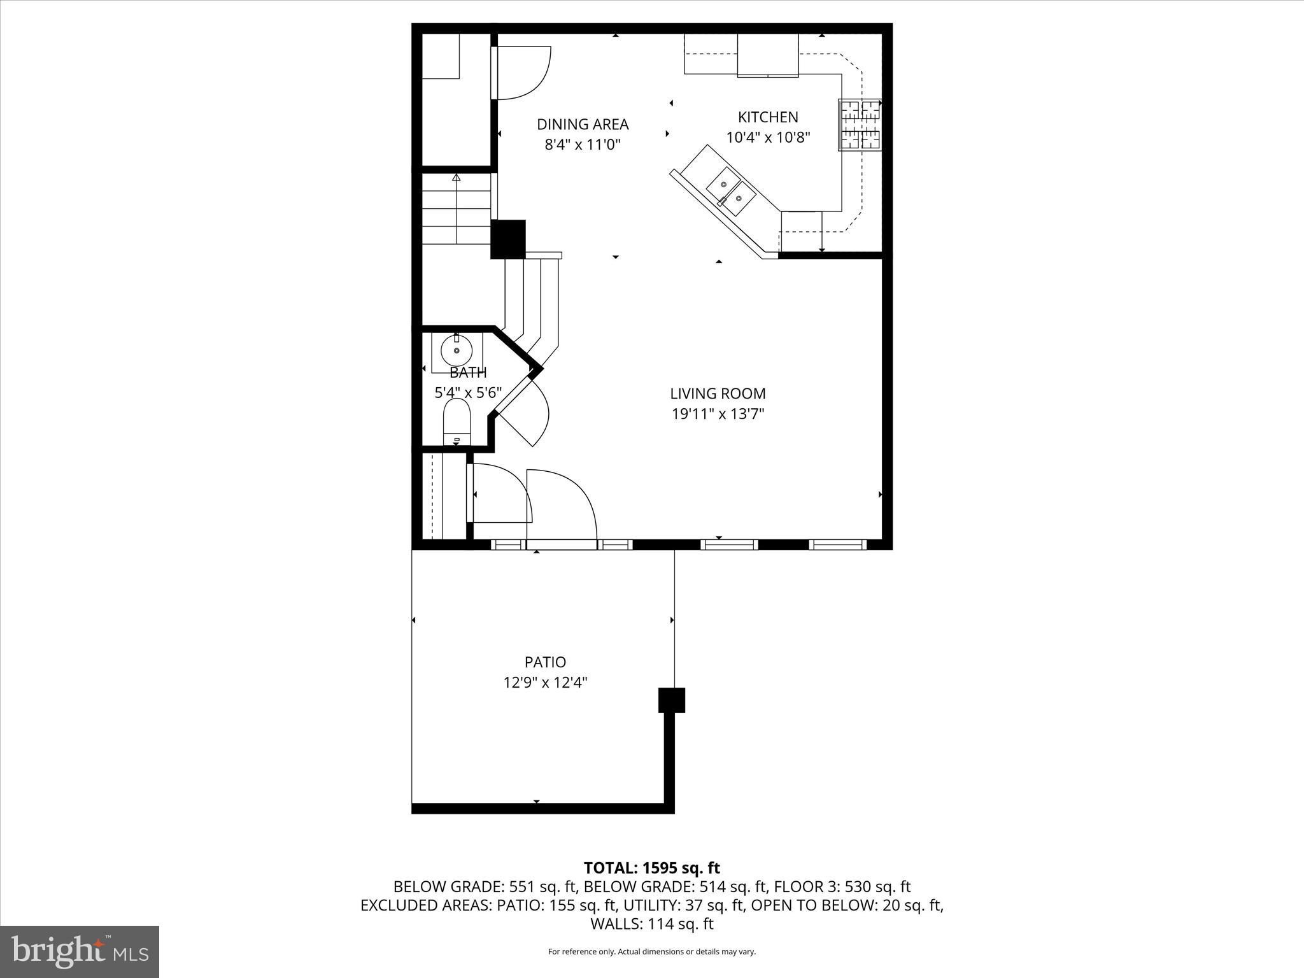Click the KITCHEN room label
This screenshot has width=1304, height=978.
click(767, 117)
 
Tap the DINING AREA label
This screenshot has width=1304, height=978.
click(582, 124)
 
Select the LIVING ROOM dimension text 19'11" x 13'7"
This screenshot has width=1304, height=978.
click(718, 415)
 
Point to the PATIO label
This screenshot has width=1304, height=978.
click(545, 662)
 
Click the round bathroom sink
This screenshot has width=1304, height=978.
click(457, 351)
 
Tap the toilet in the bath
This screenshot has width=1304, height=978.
click(456, 420)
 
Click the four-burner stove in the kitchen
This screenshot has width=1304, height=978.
click(860, 125)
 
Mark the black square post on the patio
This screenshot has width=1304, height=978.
click(671, 700)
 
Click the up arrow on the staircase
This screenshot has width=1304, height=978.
click(456, 178)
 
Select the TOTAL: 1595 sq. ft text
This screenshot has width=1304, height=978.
click(651, 868)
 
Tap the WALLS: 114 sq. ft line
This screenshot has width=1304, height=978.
click(651, 924)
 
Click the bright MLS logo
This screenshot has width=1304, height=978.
click(80, 951)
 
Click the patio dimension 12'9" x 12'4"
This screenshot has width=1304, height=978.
click(545, 683)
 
